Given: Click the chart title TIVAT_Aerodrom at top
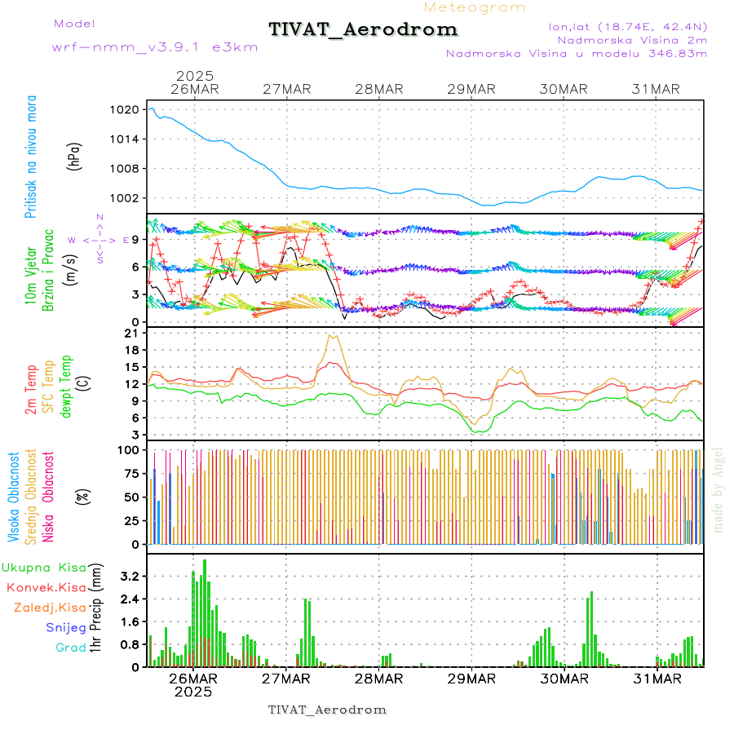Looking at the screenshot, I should pyautogui.click(x=363, y=29).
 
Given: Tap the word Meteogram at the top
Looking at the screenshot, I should pyautogui.click(x=475, y=7).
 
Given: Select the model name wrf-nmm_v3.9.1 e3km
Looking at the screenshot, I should pyautogui.click(x=155, y=47).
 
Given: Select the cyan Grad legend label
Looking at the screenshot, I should pyautogui.click(x=71, y=648).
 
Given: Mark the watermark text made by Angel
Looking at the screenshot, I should pyautogui.click(x=718, y=489).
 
